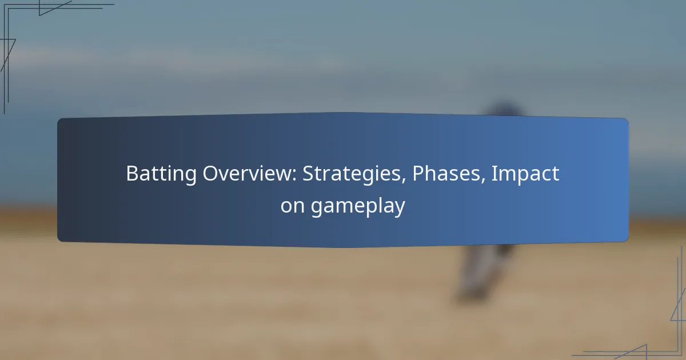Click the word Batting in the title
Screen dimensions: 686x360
pyautogui.click(x=161, y=174)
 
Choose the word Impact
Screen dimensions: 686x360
pyautogui.click(x=525, y=174)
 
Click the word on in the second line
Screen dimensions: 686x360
pyautogui.click(x=292, y=206)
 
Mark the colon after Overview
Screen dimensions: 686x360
pyautogui.click(x=294, y=176)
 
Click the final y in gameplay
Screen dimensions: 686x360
pyautogui.click(x=399, y=209)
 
